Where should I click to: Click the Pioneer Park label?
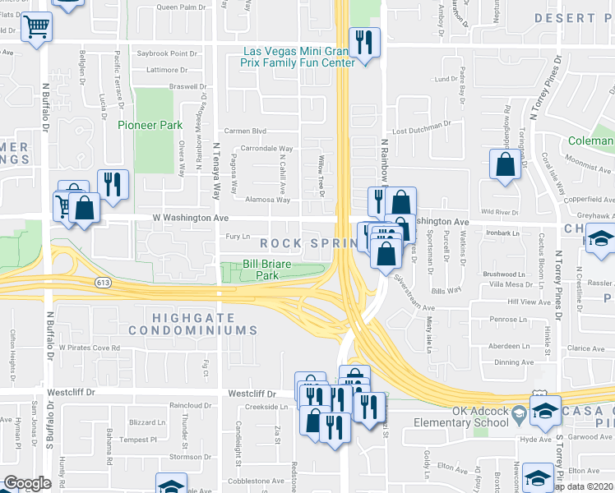(149, 125)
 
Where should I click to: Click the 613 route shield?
(103, 283)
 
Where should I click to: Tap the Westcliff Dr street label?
(72, 394)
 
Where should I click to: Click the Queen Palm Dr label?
(180, 7)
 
